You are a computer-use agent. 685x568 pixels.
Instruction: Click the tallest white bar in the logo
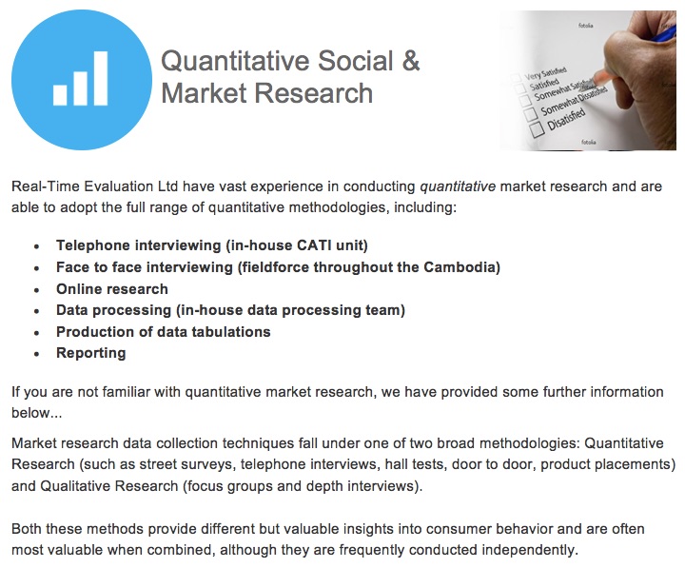click(101, 79)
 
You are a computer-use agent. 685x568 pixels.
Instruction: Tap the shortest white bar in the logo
click(60, 95)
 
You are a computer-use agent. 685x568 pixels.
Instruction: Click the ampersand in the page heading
click(411, 61)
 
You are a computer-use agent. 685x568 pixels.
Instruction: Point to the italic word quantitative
click(458, 186)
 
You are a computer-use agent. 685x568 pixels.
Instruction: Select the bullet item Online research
click(112, 289)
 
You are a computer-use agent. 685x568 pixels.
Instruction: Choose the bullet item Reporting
click(91, 353)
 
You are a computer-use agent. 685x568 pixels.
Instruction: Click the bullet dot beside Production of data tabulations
click(37, 333)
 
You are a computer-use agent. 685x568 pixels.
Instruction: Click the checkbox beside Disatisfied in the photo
click(537, 129)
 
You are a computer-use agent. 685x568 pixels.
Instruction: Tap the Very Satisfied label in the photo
click(545, 73)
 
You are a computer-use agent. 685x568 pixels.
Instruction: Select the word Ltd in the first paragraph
click(167, 186)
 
